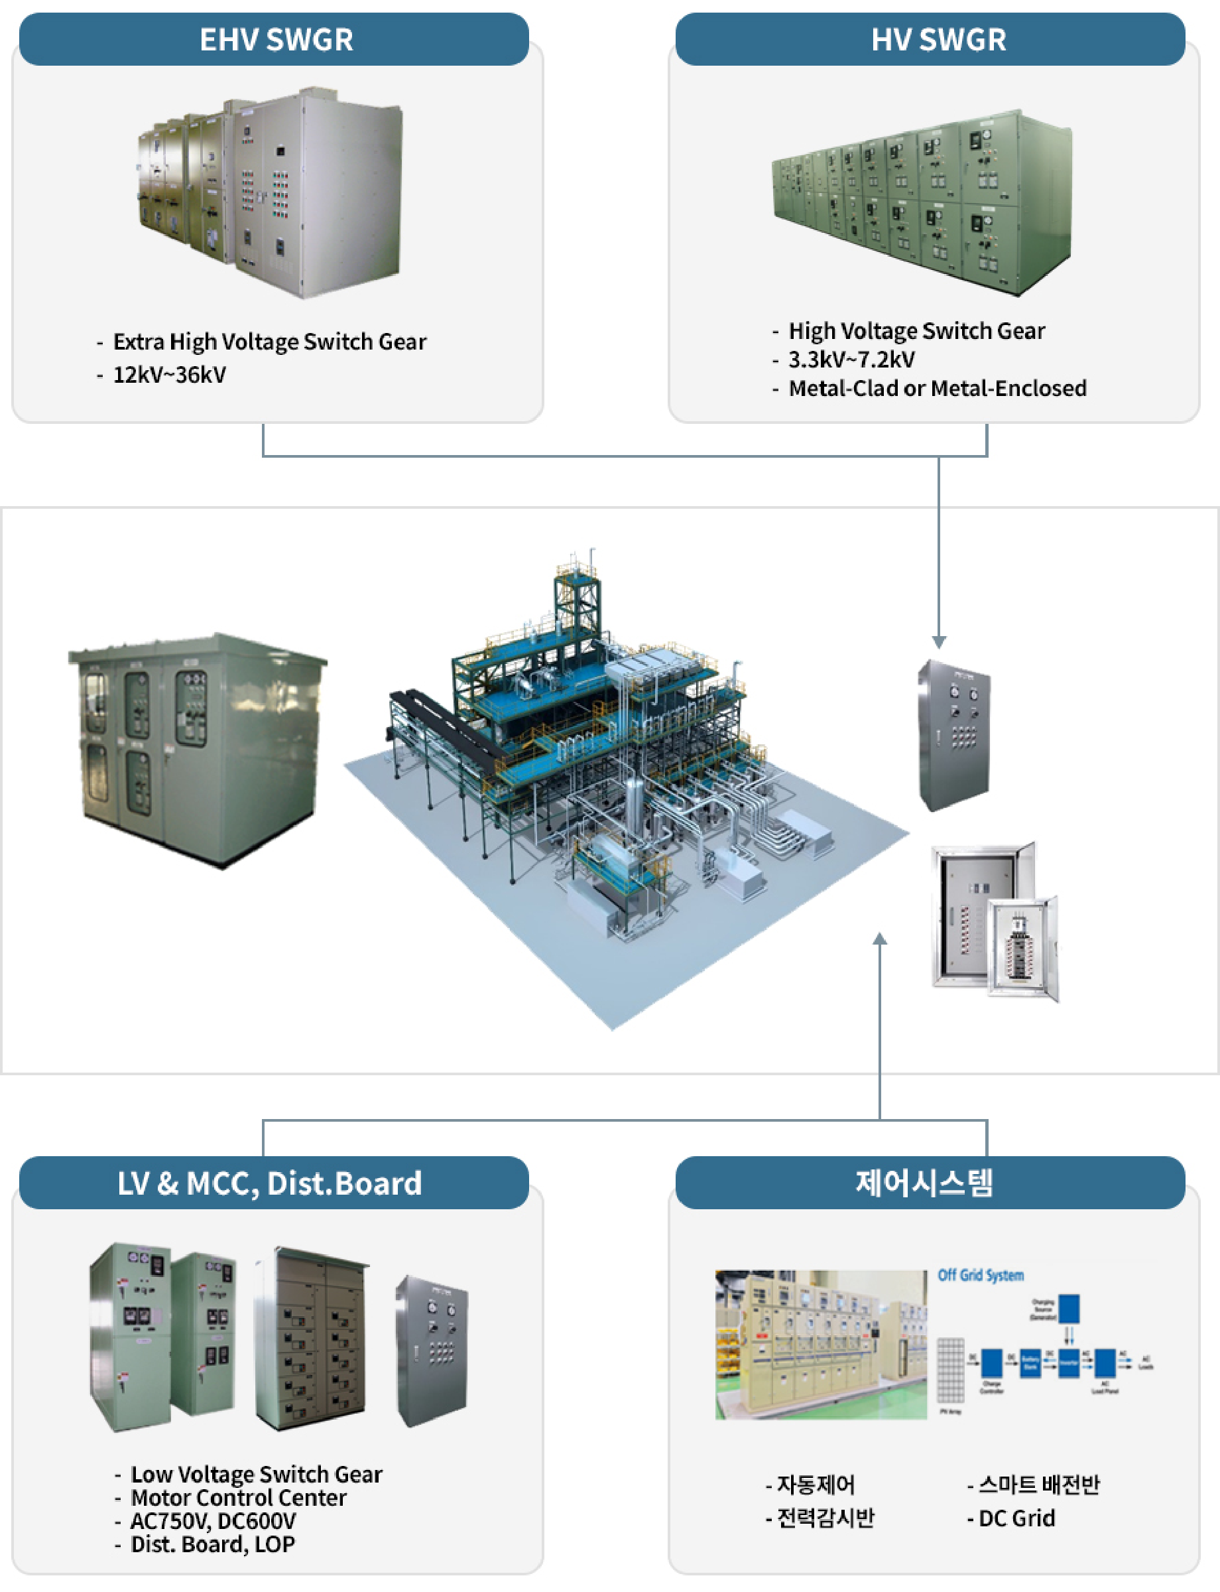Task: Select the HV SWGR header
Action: [x=938, y=39]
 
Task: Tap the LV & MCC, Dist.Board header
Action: [x=269, y=1183]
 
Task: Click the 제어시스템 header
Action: [x=924, y=1183]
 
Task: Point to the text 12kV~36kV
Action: [x=169, y=375]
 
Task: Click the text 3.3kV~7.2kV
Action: [x=851, y=359]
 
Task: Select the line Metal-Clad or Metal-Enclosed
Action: [x=937, y=388]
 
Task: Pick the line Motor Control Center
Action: [x=238, y=1497]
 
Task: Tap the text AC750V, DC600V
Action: [x=213, y=1520]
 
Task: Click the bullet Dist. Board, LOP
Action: [x=212, y=1544]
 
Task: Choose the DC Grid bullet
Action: [x=1016, y=1517]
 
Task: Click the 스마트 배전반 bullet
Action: [x=1038, y=1484]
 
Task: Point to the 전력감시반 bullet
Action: [x=825, y=1517]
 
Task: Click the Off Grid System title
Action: [x=981, y=1275]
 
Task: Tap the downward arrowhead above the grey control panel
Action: [x=938, y=642]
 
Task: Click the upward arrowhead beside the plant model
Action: [x=879, y=939]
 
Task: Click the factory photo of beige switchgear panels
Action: [x=821, y=1344]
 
